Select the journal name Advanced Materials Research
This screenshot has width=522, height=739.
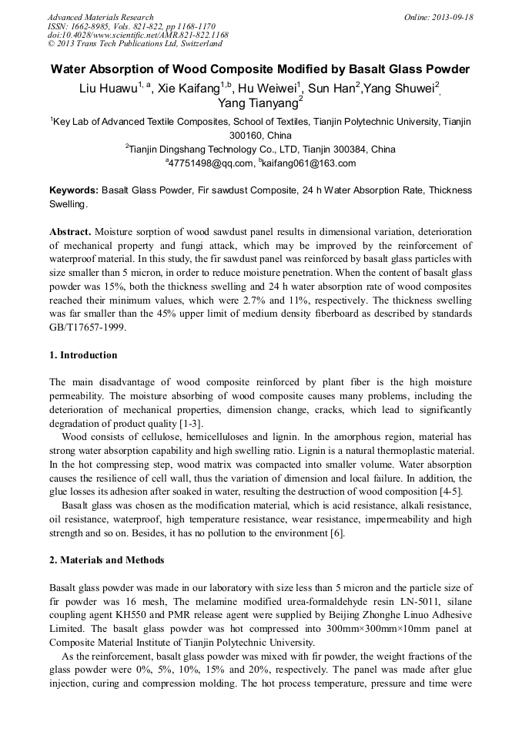click(100, 17)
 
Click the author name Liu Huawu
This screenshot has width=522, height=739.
click(108, 88)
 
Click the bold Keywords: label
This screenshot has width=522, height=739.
click(73, 190)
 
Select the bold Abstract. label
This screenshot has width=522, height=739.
click(70, 232)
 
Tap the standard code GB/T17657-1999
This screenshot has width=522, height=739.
click(86, 328)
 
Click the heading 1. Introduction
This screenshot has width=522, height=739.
click(83, 355)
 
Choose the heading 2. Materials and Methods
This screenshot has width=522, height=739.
click(106, 560)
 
